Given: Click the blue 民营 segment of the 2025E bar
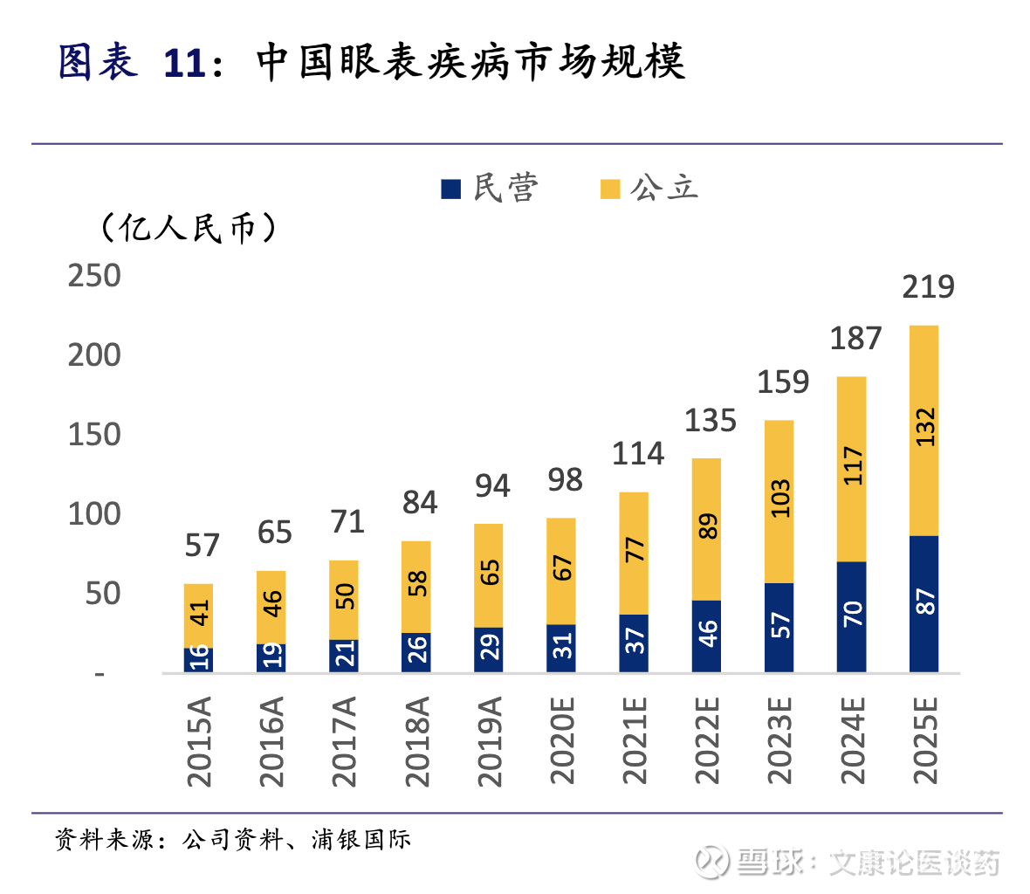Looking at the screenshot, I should [x=924, y=603].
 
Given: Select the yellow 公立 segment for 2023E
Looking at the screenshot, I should [x=779, y=501].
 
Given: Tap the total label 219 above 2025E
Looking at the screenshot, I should [x=928, y=287].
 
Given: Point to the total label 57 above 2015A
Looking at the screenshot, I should [x=202, y=546].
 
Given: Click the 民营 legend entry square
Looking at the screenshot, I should [x=450, y=189].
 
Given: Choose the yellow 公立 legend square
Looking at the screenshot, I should [x=610, y=189].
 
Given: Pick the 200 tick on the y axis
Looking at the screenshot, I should [x=94, y=355].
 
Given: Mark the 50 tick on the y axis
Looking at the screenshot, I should [x=103, y=594].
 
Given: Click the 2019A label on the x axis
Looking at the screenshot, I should [x=491, y=741].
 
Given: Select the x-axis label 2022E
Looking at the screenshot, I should [x=708, y=741].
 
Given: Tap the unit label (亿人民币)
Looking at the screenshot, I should [x=189, y=229].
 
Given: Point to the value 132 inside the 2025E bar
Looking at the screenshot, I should [x=925, y=427].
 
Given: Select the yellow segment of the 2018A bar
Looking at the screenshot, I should [x=416, y=587].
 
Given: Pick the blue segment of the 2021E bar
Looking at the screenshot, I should [x=634, y=643].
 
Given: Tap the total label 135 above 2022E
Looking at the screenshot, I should [x=710, y=421].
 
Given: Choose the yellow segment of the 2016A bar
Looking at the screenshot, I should [x=271, y=607].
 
